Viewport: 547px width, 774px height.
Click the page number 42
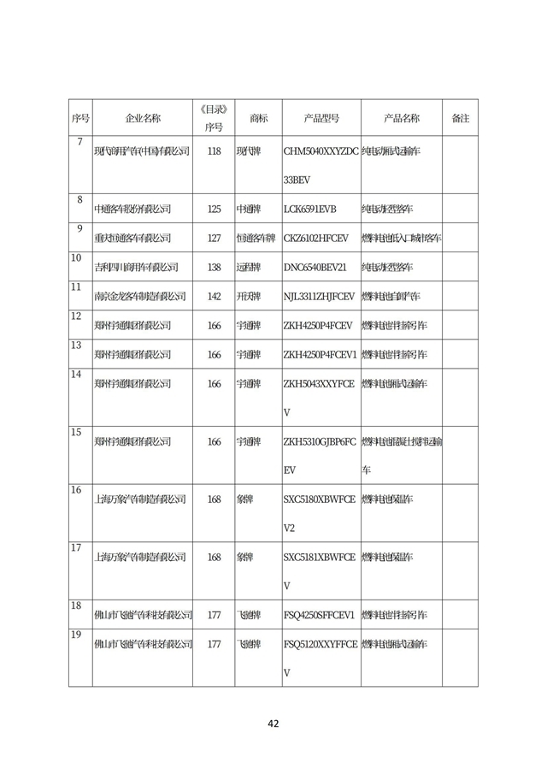(273, 724)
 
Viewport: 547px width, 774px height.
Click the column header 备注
(460, 118)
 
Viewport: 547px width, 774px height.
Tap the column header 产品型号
(321, 118)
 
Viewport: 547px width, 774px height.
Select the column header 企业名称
(143, 118)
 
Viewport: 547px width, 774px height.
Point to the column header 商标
(258, 118)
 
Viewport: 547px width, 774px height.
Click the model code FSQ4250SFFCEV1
(319, 615)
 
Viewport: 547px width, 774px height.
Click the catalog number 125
(214, 209)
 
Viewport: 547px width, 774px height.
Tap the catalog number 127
(214, 238)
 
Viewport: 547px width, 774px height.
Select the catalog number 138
(214, 267)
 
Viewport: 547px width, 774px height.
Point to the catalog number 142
(214, 296)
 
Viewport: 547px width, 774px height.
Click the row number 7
(79, 141)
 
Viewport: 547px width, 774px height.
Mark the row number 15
(76, 432)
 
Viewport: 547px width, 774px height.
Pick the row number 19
(76, 634)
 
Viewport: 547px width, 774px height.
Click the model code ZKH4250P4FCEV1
(319, 354)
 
